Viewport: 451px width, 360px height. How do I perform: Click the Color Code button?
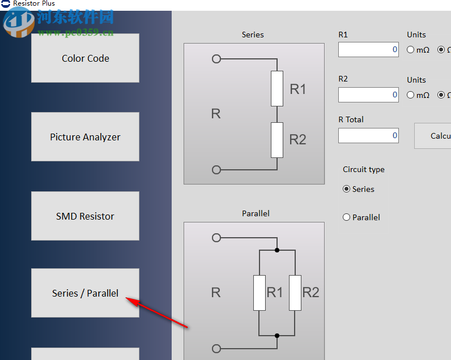[85, 58]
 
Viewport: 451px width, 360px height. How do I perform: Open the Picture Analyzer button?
[85, 137]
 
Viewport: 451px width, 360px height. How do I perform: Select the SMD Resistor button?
[85, 216]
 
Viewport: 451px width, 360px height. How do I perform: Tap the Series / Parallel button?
[85, 293]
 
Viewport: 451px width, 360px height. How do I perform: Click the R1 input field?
[368, 50]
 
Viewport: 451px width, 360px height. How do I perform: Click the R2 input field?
[368, 95]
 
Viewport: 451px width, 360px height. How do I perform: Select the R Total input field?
[368, 136]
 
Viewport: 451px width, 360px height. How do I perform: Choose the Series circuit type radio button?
[347, 189]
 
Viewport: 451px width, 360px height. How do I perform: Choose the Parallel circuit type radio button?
[347, 217]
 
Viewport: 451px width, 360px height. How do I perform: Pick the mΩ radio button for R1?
[411, 50]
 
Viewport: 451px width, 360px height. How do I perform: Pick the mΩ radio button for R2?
[411, 95]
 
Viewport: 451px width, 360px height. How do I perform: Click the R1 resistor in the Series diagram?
[277, 89]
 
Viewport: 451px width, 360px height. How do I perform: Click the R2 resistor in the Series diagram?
[277, 140]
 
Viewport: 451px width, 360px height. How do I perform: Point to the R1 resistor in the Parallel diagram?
[259, 293]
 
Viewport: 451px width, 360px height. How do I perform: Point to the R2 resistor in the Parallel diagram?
[295, 293]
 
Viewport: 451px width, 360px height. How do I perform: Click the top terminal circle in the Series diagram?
[216, 59]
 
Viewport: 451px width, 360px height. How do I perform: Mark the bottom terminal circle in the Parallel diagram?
[216, 348]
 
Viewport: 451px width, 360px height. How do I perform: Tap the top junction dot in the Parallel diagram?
[277, 250]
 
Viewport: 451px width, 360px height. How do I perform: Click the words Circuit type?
[364, 169]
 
